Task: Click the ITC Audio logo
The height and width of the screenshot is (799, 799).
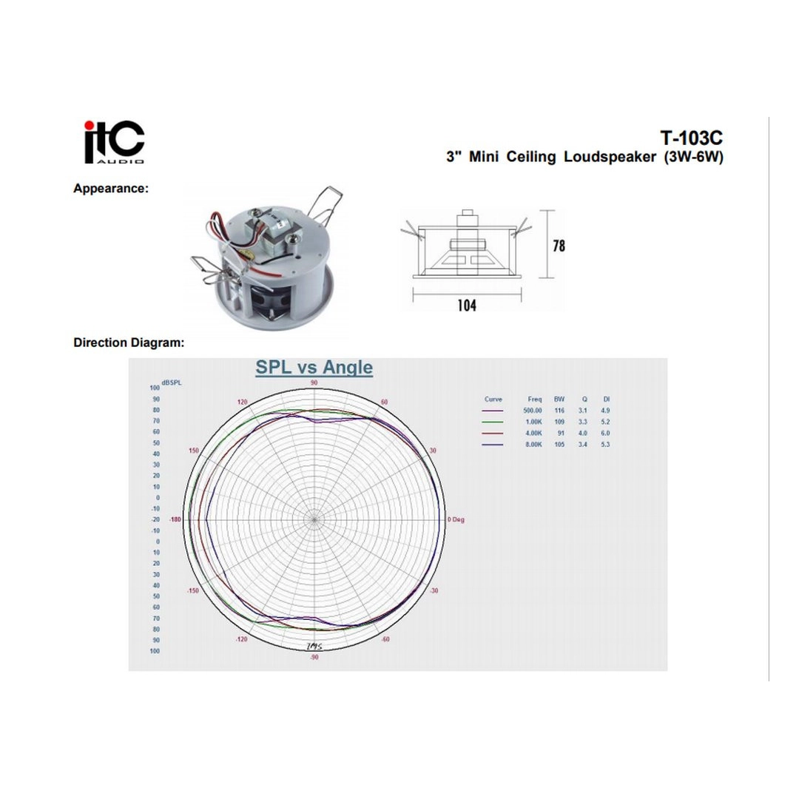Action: pos(113,142)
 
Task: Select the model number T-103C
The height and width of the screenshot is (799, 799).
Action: pos(691,138)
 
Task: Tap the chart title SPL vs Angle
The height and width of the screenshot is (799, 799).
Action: pos(314,368)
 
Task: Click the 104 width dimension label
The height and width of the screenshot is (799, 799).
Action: pos(466,305)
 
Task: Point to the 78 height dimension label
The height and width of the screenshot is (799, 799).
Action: pos(559,245)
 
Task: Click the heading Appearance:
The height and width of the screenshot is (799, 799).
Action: pos(111,189)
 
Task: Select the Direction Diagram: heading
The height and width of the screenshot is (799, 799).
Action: pos(129,343)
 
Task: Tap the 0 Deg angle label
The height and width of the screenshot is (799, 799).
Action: pos(456,519)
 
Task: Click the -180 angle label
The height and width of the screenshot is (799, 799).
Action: pos(175,519)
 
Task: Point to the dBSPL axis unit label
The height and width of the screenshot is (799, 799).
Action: pos(171,382)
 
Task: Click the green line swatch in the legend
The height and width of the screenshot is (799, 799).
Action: pos(492,422)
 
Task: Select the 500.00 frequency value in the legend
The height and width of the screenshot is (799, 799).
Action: pos(533,411)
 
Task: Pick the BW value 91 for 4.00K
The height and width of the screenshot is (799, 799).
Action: pos(560,433)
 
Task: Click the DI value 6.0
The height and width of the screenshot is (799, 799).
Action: pos(606,433)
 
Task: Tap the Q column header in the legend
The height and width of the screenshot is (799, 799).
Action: pos(584,399)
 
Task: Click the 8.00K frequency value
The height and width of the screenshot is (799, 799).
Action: pos(533,444)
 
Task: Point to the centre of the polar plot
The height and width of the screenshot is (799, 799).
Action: pos(314,519)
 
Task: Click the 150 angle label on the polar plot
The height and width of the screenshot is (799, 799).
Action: pos(195,451)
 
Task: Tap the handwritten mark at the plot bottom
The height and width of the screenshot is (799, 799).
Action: pos(314,646)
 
